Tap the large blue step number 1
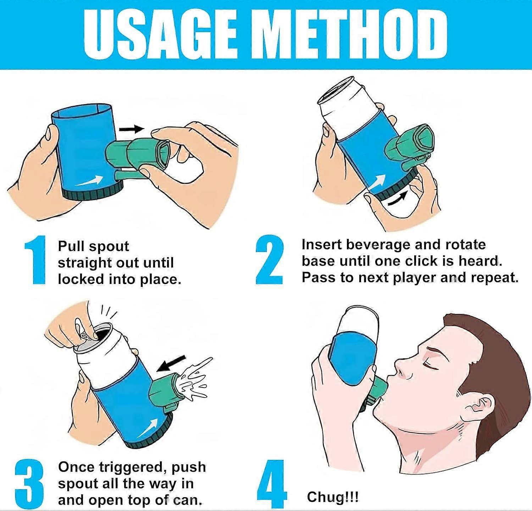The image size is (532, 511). point(36,260)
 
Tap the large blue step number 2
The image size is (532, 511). point(270,260)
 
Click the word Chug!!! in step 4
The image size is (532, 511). point(333,497)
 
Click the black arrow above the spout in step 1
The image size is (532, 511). point(132,129)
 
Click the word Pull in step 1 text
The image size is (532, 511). point(71,246)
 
